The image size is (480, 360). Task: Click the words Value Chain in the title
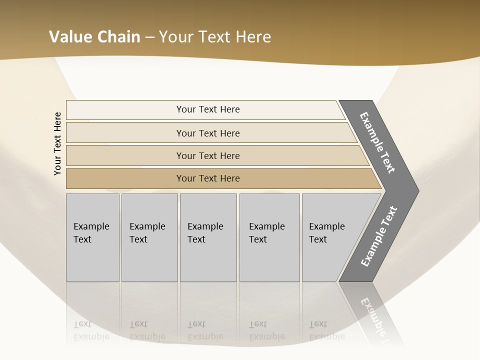pos(94,37)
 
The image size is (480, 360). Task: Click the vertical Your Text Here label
pos(57,143)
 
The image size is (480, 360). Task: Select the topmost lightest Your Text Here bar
pos(208,109)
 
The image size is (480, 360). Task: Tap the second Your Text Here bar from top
pos(208,133)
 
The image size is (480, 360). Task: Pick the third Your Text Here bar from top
pos(208,155)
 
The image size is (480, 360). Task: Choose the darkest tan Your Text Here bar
pos(208,178)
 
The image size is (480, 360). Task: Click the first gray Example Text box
pos(92,237)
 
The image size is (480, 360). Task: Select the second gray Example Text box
pos(149,237)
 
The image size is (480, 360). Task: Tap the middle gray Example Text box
pos(208,237)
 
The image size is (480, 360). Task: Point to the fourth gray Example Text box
pos(269,237)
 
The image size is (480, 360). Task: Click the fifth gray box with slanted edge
pos(330,237)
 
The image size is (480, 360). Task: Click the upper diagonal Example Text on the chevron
pos(378,142)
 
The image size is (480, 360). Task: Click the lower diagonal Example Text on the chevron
pos(379,236)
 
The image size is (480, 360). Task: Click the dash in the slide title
pos(149,37)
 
